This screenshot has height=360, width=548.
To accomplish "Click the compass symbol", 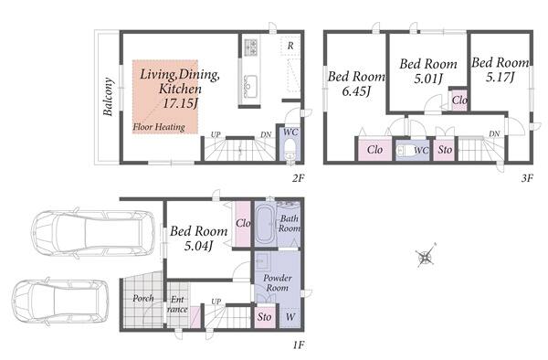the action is click(426, 256).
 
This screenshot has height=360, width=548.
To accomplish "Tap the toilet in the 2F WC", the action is click(290, 150).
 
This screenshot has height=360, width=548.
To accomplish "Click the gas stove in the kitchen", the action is click(251, 47).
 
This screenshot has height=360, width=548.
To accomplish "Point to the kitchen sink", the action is click(249, 85).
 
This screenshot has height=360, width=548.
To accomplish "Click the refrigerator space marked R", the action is click(290, 46).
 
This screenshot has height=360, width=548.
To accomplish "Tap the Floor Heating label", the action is click(159, 127).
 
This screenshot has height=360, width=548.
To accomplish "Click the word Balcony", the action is click(108, 97).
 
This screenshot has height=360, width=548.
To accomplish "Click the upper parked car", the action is click(93, 233).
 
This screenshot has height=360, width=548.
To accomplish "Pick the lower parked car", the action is click(60, 302).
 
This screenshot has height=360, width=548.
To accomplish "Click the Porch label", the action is click(143, 298).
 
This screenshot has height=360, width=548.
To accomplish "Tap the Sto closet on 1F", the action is click(265, 317).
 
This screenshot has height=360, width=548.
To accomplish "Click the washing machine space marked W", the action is click(290, 317).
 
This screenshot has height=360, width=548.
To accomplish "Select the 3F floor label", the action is click(527, 178).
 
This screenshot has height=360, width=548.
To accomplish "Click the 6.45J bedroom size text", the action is click(356, 91).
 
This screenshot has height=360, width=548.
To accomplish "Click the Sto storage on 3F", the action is click(444, 150).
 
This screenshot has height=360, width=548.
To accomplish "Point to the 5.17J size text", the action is click(501, 78).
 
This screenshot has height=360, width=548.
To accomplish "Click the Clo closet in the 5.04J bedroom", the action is click(243, 224).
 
